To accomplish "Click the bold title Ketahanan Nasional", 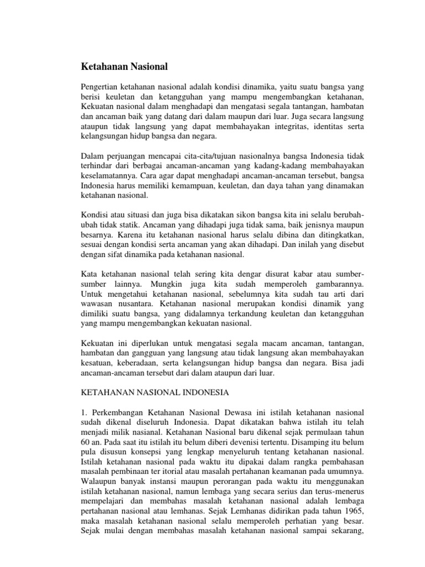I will pos(124,66).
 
